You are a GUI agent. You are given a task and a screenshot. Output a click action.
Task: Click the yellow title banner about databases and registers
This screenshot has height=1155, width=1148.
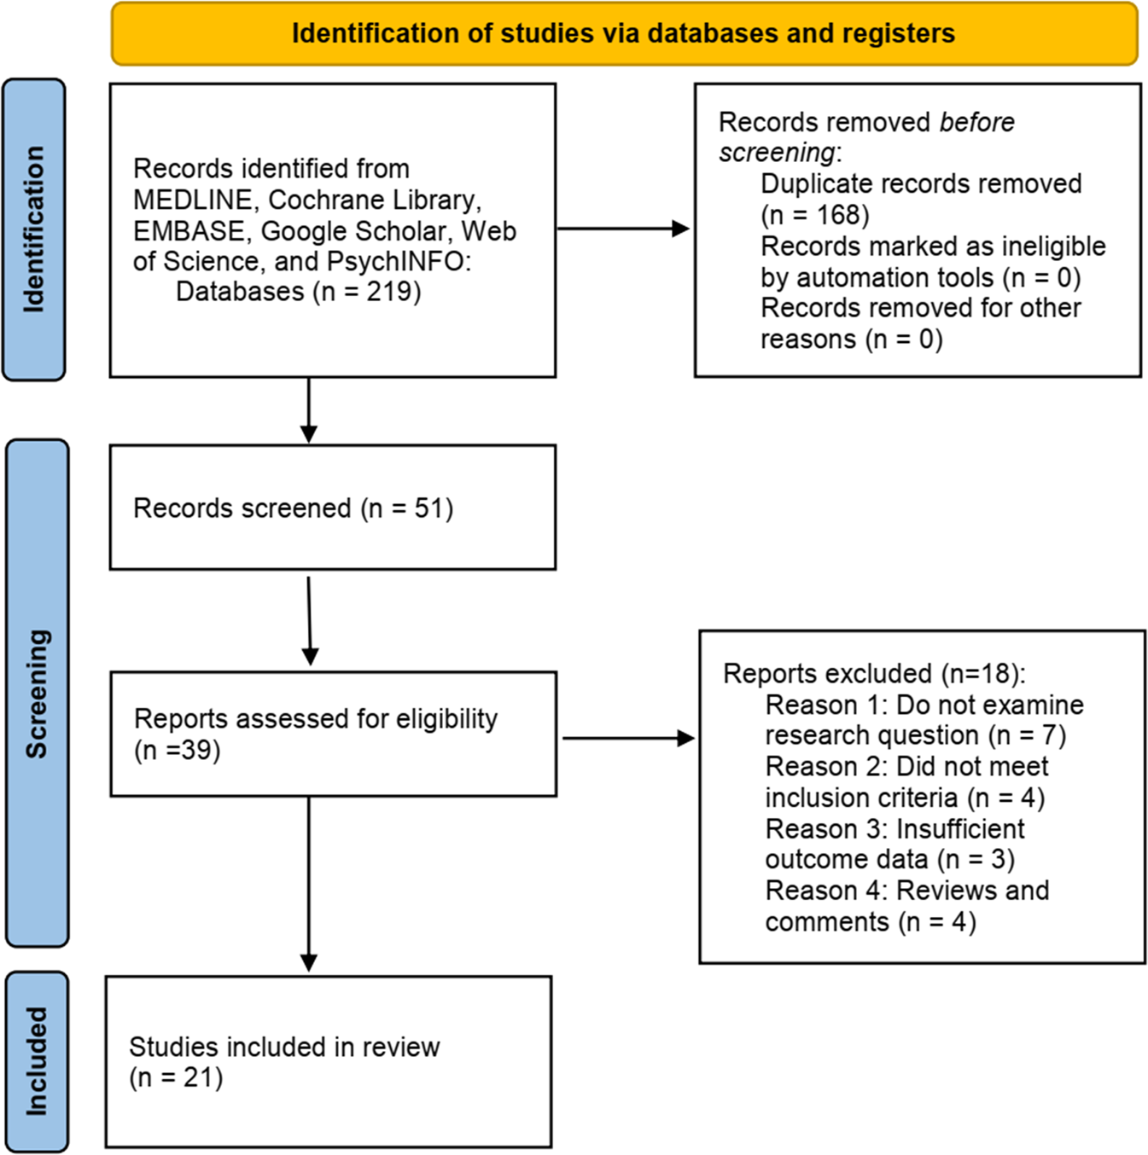click(624, 34)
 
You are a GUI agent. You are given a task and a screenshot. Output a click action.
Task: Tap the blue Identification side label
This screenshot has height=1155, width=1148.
click(34, 229)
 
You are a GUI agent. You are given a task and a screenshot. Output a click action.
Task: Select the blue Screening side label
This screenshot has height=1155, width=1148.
click(37, 693)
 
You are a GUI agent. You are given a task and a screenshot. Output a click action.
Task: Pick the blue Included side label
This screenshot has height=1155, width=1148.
click(37, 1061)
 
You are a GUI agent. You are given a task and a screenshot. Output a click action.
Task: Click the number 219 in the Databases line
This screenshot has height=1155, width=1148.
click(390, 292)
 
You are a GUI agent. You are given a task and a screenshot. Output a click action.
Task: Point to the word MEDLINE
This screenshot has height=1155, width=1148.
click(193, 200)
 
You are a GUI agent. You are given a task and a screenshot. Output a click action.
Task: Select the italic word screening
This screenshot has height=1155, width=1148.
click(777, 153)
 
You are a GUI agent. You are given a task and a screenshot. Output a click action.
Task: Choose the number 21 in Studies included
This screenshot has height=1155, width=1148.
click(199, 1077)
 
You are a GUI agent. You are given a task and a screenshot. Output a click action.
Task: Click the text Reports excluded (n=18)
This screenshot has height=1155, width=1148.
click(873, 674)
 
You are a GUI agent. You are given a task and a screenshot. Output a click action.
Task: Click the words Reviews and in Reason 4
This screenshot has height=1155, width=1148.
click(972, 891)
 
